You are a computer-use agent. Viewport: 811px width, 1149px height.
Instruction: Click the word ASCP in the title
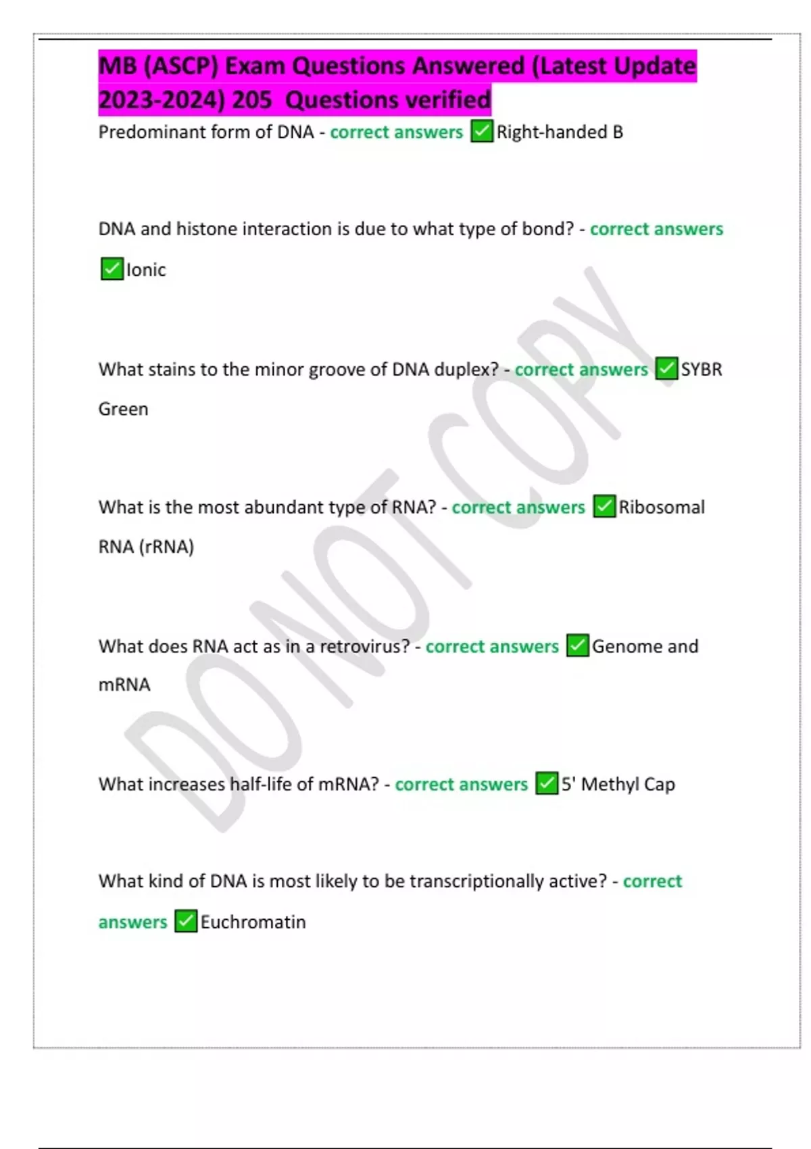click(180, 66)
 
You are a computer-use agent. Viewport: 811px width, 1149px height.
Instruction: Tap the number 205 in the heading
click(252, 100)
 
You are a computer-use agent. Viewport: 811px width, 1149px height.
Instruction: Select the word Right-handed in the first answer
click(551, 132)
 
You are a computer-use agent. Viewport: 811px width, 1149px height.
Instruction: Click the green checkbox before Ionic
click(112, 269)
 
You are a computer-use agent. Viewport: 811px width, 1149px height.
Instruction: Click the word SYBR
click(702, 369)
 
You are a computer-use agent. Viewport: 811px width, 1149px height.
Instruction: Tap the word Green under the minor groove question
click(123, 409)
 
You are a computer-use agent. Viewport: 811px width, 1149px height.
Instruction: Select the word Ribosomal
click(662, 507)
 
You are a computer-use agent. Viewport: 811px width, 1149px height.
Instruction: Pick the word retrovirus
click(364, 646)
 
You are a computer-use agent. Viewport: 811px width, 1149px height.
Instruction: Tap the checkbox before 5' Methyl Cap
click(547, 783)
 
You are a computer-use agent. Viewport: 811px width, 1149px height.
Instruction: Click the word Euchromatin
click(253, 922)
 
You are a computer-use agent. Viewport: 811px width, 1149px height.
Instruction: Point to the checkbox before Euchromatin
click(186, 921)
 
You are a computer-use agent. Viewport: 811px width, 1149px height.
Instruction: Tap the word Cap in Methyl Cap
click(660, 784)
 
